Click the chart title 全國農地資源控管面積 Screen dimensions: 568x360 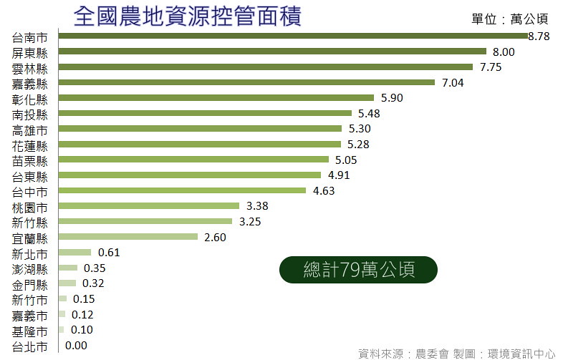point(187,16)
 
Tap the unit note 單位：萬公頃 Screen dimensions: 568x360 point(510,19)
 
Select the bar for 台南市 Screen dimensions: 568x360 point(293,36)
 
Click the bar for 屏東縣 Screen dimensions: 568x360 point(272,52)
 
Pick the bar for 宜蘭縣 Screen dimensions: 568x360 point(128,237)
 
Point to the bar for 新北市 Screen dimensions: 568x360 point(75,252)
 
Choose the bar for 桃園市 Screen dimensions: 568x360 point(149,206)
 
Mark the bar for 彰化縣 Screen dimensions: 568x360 point(216,97)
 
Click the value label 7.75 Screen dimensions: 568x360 point(491,67)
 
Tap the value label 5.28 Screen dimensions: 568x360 point(358,145)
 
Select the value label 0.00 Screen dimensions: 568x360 point(76,346)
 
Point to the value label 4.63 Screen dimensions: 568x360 point(324,190)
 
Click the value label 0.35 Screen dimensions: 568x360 point(95,268)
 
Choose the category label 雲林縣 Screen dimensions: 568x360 point(29,69)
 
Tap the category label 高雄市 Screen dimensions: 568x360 point(29,130)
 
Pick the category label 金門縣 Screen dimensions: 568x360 point(29,286)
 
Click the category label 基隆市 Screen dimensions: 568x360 point(29,332)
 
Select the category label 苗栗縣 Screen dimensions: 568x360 point(29,161)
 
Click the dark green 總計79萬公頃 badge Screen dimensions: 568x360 point(358,270)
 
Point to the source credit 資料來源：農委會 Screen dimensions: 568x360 point(403,354)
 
